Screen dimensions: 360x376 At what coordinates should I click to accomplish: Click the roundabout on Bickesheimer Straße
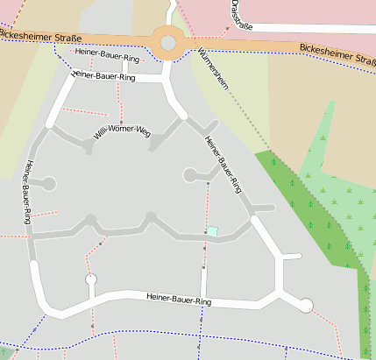(168, 40)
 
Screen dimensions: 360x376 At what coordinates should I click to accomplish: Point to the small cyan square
(212, 231)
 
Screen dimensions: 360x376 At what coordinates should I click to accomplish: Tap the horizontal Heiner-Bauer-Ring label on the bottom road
(179, 300)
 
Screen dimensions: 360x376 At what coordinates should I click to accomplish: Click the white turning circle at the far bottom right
(305, 305)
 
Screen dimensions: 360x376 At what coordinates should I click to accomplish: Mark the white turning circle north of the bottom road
(90, 279)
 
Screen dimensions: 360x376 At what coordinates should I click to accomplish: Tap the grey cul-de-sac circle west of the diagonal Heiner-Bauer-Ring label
(189, 175)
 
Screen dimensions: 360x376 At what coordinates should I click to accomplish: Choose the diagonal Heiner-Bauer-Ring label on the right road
(222, 164)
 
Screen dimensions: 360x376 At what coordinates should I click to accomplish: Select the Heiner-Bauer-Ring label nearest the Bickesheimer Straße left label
(108, 56)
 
